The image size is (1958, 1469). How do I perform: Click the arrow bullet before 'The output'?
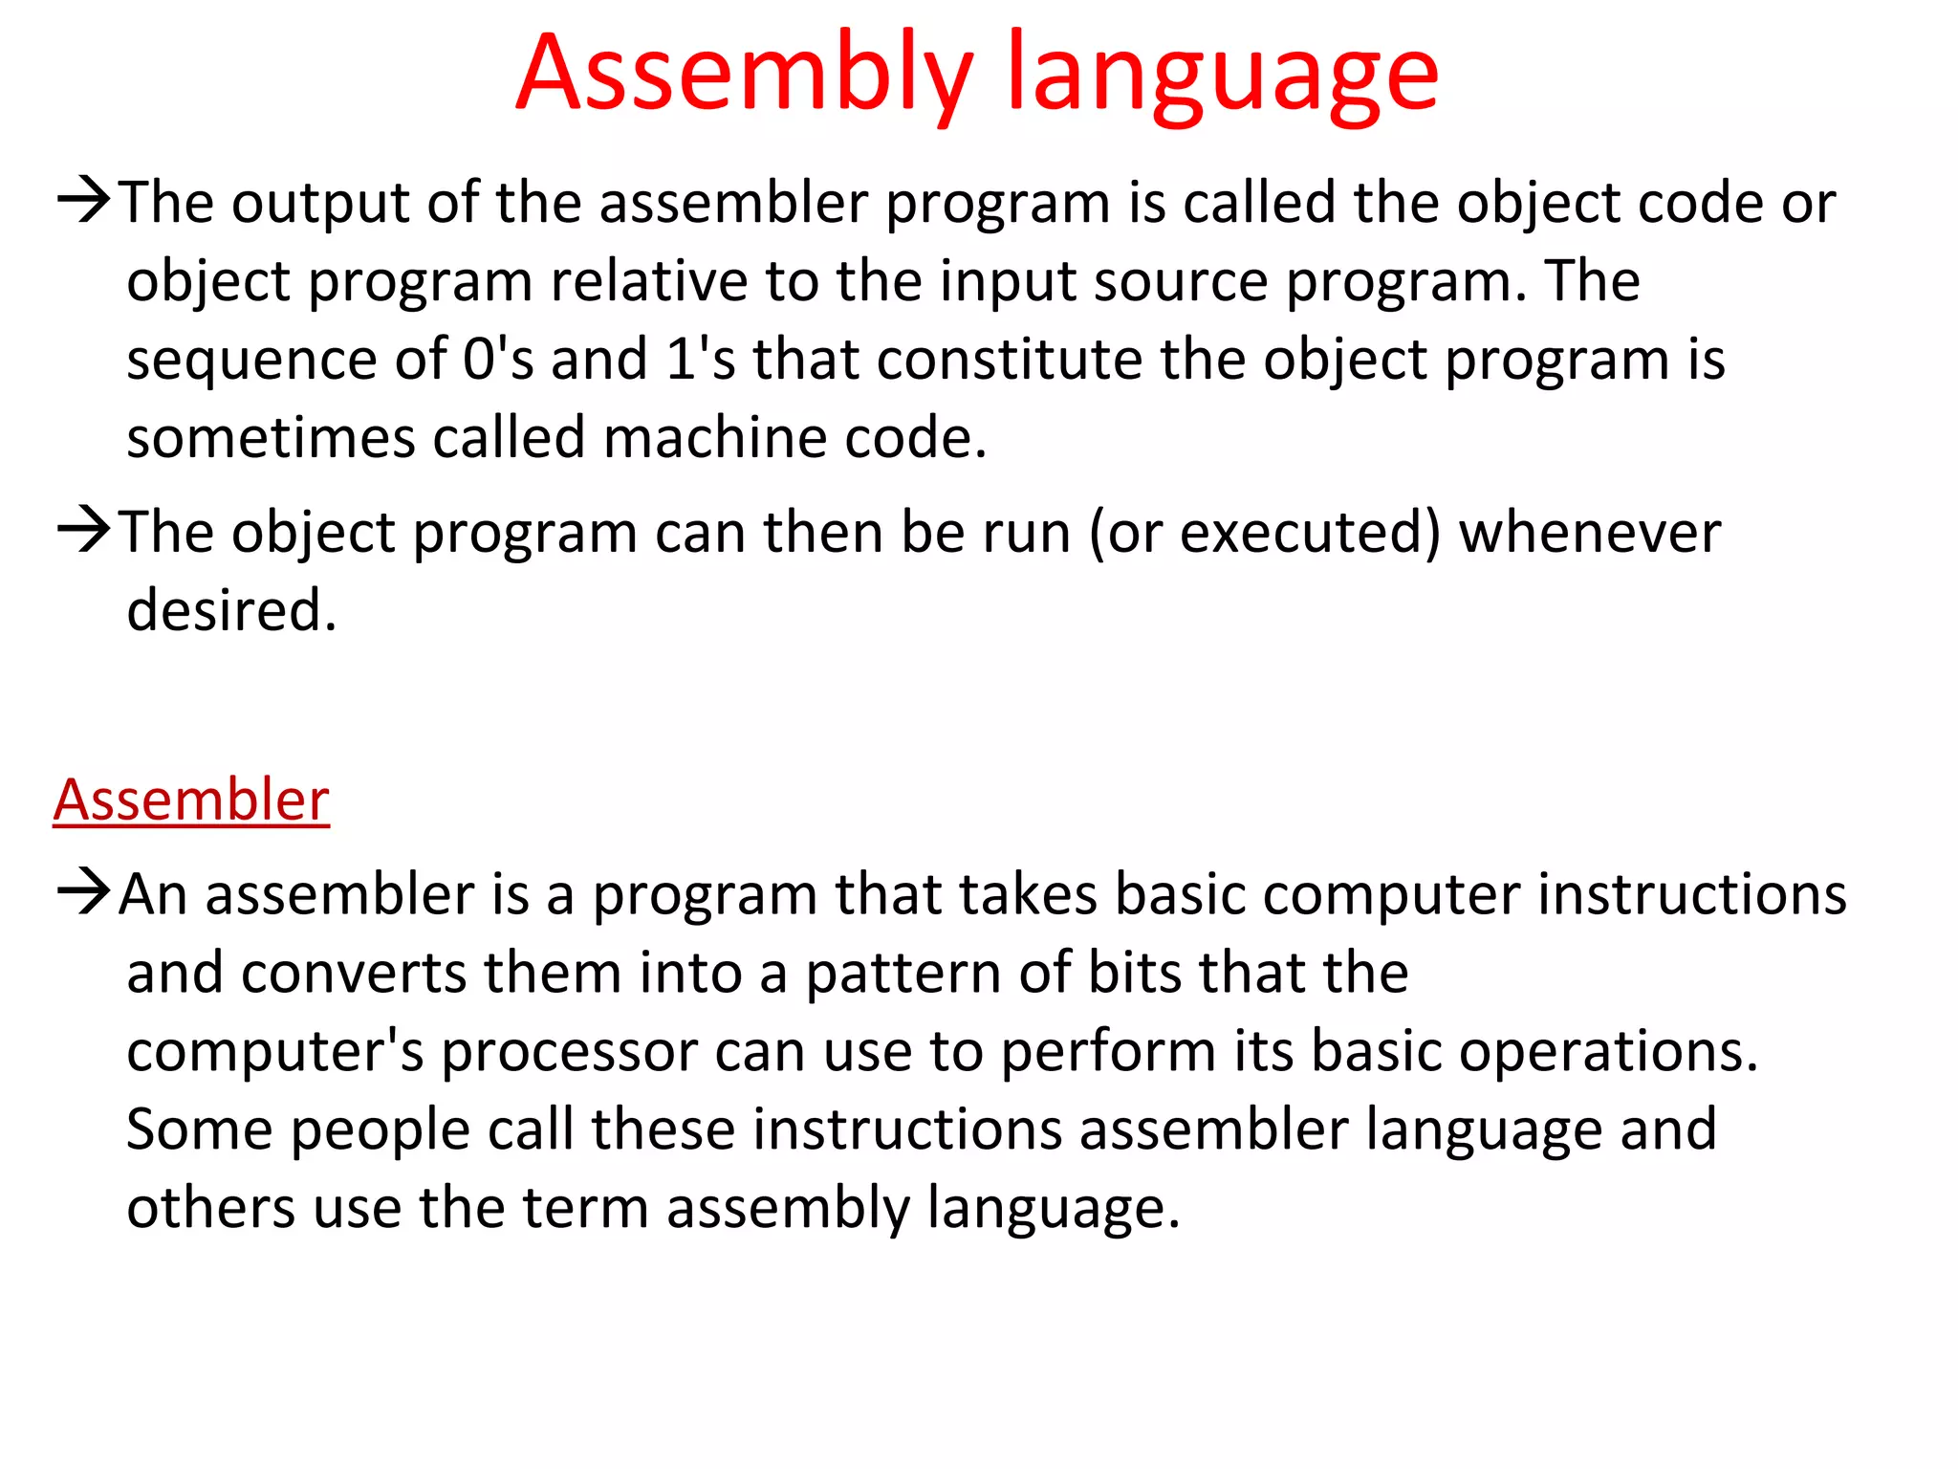[84, 201]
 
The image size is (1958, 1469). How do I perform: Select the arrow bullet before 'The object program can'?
[84, 531]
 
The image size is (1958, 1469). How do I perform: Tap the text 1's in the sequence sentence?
[700, 360]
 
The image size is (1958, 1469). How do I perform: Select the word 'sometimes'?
[271, 438]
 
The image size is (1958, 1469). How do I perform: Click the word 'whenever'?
[1589, 533]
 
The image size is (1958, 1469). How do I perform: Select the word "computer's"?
[274, 1052]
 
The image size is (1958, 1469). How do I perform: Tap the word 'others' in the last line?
[210, 1208]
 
